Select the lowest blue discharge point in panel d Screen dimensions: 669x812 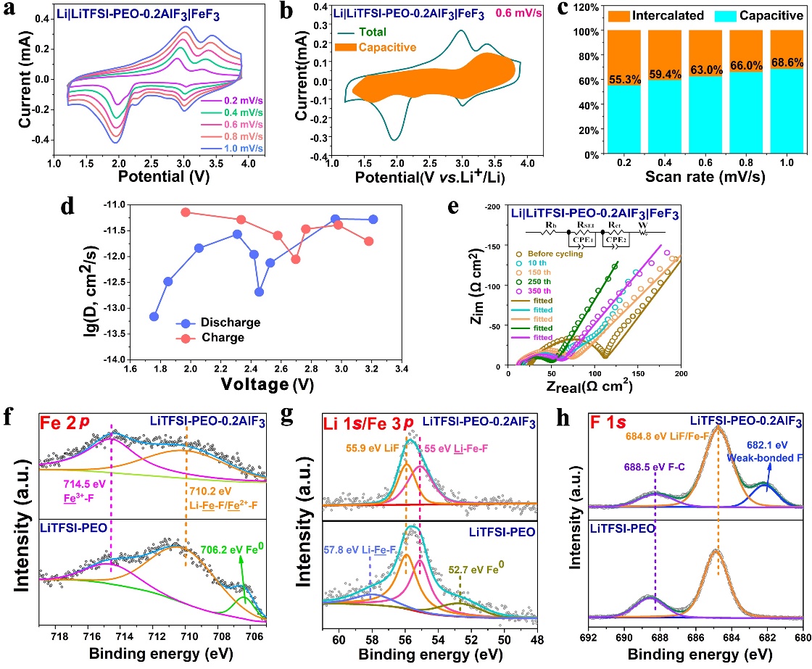(154, 316)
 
